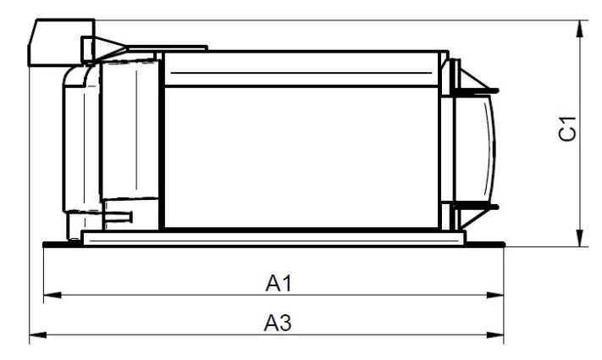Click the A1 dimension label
(x=279, y=284)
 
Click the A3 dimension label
(x=278, y=323)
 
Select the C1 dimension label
(x=567, y=129)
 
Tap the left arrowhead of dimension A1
(x=52, y=295)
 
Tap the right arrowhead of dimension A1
(x=494, y=295)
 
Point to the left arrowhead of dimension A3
(x=38, y=335)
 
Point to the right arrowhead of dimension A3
(x=494, y=335)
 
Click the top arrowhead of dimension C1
(x=581, y=29)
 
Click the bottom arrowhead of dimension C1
(x=581, y=238)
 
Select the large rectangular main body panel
(x=301, y=158)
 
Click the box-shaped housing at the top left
(x=62, y=42)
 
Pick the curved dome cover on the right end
(x=475, y=148)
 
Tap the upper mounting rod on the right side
(x=475, y=91)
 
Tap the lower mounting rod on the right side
(x=475, y=207)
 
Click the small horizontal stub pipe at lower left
(x=119, y=217)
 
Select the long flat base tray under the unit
(x=273, y=238)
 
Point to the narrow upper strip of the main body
(x=301, y=69)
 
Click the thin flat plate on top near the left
(x=168, y=48)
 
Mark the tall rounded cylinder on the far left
(x=81, y=138)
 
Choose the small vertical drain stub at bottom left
(x=75, y=226)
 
